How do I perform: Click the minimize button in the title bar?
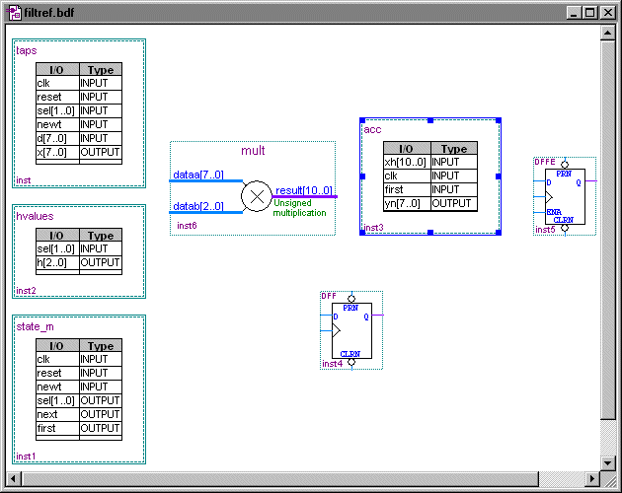coord(575,13)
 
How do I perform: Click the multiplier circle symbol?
coord(256,196)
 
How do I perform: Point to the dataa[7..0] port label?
coord(198,175)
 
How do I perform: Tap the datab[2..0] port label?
coord(198,206)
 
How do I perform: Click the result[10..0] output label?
coord(303,190)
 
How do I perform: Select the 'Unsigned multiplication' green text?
coord(299,207)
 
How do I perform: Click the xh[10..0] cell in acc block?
coord(406,162)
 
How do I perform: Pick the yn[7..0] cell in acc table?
coord(404,203)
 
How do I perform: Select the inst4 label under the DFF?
coord(332,364)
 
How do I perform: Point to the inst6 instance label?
coord(187,226)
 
